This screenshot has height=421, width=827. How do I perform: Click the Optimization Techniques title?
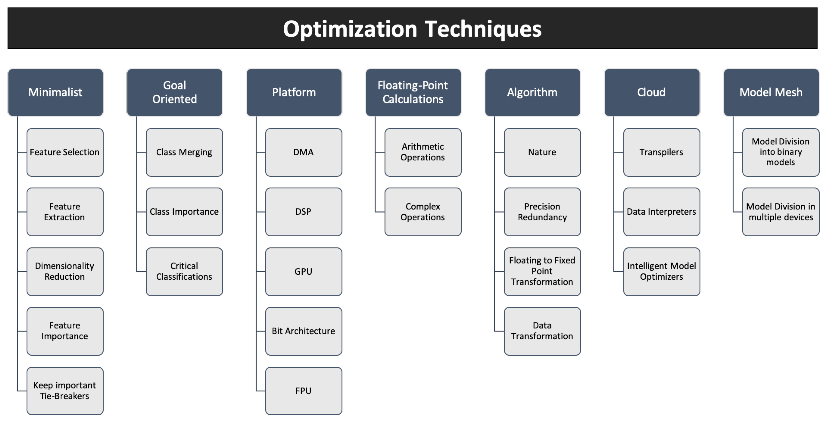[412, 29]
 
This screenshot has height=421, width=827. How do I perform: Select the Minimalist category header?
[56, 92]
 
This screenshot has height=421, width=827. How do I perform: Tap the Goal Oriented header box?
[175, 92]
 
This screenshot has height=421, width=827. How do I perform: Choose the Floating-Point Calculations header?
[413, 92]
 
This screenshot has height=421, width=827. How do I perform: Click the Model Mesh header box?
[771, 92]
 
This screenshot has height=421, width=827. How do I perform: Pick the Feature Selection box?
[65, 152]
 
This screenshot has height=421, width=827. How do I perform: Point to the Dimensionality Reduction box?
[65, 272]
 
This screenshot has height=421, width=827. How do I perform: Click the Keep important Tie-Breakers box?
[65, 391]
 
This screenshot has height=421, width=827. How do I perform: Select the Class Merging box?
[184, 152]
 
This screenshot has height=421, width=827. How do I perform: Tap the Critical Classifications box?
[184, 272]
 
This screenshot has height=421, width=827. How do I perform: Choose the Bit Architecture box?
[304, 331]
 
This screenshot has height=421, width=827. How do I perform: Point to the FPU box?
[304, 391]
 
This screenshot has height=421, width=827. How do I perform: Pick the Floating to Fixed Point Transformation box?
[542, 272]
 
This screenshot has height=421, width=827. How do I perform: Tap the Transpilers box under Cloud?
[662, 152]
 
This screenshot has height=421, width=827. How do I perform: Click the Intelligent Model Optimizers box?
[662, 272]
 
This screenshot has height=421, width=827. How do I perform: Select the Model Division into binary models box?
[781, 152]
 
